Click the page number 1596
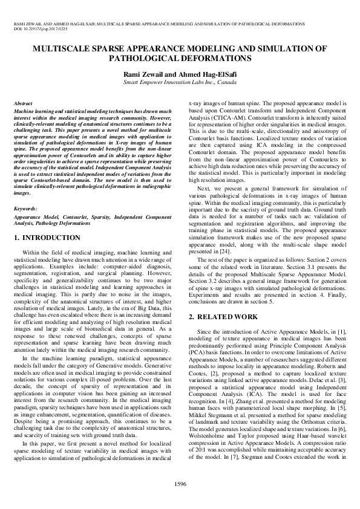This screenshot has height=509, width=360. [x=180, y=484]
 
